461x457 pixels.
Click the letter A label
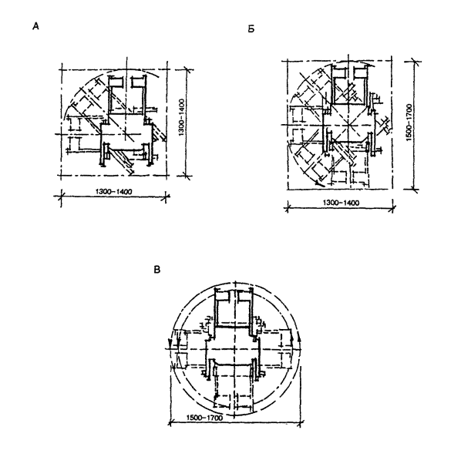[x=35, y=26]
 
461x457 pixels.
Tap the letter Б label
[x=251, y=29]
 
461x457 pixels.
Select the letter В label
[x=157, y=270]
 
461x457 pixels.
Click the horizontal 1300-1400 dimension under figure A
[x=114, y=192]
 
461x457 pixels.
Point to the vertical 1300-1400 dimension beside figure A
[x=181, y=117]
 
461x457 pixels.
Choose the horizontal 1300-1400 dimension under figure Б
[x=341, y=203]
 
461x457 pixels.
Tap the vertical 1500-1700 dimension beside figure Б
[x=409, y=123]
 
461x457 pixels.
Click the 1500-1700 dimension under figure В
[x=204, y=418]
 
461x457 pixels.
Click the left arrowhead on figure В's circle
[x=170, y=343]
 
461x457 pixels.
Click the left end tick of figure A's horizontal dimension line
[x=61, y=196]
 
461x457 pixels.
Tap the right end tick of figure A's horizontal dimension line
[x=167, y=196]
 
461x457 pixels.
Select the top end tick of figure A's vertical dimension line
[x=186, y=70]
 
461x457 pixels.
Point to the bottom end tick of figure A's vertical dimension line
[x=186, y=176]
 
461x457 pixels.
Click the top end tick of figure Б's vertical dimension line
[x=414, y=62]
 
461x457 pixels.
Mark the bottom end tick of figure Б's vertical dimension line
[x=414, y=190]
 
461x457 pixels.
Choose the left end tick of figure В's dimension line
[x=170, y=424]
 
